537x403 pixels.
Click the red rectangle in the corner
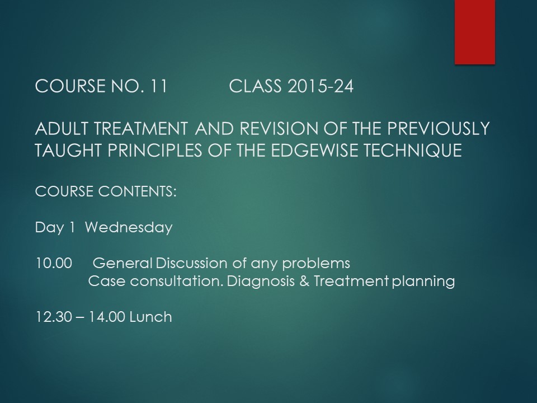pyautogui.click(x=475, y=32)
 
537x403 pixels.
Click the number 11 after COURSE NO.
pyautogui.click(x=158, y=86)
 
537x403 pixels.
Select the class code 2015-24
pyautogui.click(x=320, y=86)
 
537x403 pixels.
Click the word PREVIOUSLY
pyautogui.click(x=439, y=129)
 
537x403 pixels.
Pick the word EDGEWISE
pyautogui.click(x=314, y=151)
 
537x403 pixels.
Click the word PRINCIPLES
pyautogui.click(x=155, y=151)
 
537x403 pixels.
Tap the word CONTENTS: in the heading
pyautogui.click(x=138, y=191)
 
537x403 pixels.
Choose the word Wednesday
pyautogui.click(x=129, y=228)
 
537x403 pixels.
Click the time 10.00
pyautogui.click(x=54, y=263)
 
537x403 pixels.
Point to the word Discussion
pyautogui.click(x=191, y=263)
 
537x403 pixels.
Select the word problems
pyautogui.click(x=316, y=264)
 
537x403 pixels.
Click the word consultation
pyautogui.click(x=177, y=281)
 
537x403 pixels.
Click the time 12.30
pyautogui.click(x=54, y=317)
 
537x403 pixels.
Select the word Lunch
pyautogui.click(x=150, y=317)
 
